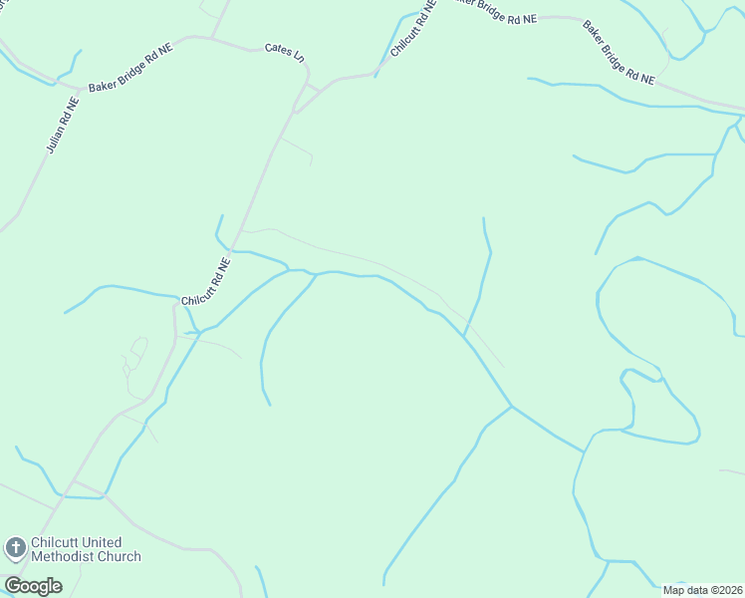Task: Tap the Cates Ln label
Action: click(x=284, y=50)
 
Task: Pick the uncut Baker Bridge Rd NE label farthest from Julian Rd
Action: click(x=619, y=53)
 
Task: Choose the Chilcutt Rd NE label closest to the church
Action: click(x=206, y=283)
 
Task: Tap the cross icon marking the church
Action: click(x=15, y=547)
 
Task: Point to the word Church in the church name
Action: click(x=120, y=557)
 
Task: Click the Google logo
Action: click(x=33, y=585)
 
